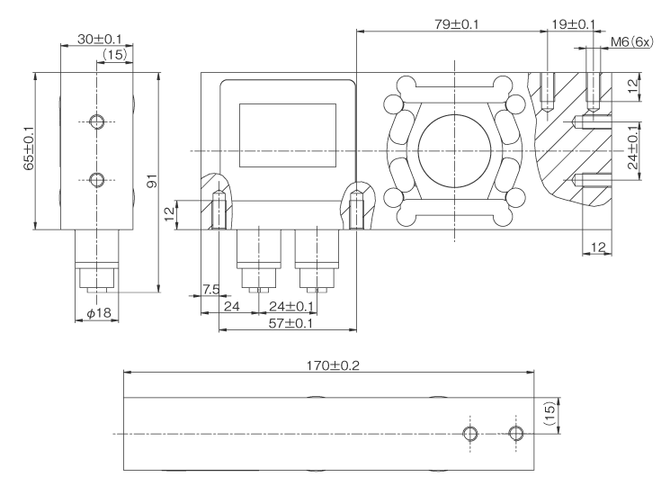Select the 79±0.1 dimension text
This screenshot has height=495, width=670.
[451, 24]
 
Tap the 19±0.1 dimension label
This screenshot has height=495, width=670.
[571, 24]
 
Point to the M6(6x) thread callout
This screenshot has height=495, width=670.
[632, 41]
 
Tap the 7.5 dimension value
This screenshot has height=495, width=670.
[210, 290]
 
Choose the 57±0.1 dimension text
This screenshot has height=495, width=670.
[290, 322]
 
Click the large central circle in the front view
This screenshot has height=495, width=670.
[455, 149]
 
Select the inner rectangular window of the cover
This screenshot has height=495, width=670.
[287, 133]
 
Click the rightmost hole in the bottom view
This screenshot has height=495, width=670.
[514, 434]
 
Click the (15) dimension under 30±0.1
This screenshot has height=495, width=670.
[114, 55]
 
